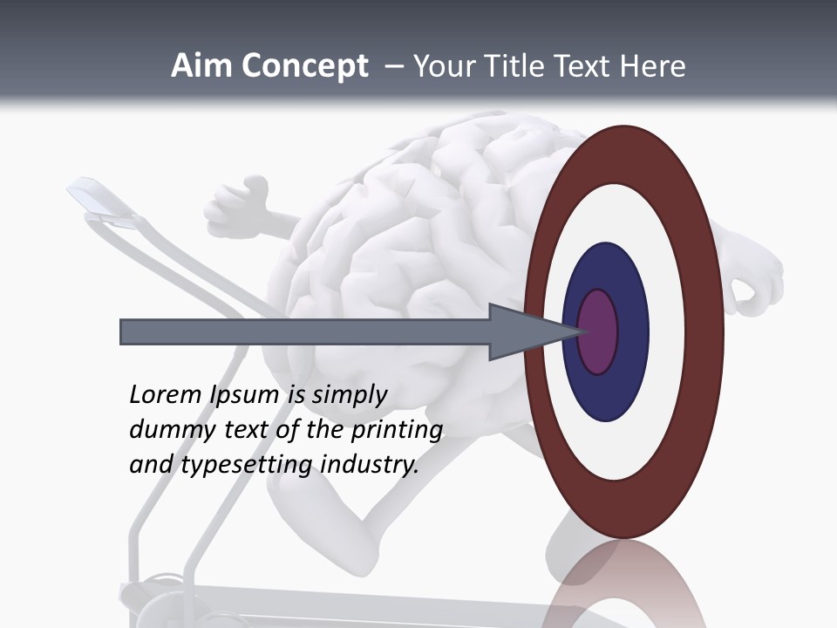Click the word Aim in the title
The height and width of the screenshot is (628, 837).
click(201, 66)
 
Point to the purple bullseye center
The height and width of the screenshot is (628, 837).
click(598, 331)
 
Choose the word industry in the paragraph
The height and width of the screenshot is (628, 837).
click(370, 465)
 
